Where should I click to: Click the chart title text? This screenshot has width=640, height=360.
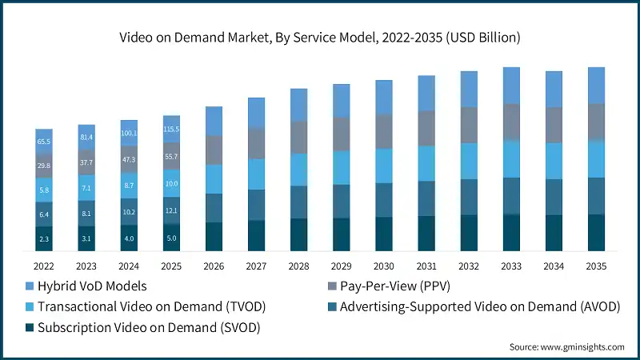pos(320,36)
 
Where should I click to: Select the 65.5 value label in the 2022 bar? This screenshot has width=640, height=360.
pos(44,142)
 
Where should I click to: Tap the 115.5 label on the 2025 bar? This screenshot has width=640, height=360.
pos(171,130)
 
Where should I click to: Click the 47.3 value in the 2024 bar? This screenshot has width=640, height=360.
pos(129,160)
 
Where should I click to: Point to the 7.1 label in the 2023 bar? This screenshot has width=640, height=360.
pos(86,189)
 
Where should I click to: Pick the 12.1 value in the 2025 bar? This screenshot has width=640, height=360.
pos(171,210)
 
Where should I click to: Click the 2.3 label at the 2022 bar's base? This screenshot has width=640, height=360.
pos(44,238)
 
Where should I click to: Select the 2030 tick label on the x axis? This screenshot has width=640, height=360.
pos(383,266)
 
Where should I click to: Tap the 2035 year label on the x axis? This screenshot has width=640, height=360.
pos(595,266)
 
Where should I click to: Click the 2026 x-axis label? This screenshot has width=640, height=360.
pos(214,266)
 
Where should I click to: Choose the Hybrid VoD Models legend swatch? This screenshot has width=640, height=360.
pos(29,286)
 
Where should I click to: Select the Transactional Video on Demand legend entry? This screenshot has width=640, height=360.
pos(152,306)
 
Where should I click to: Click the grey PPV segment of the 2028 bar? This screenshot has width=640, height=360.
pos(298,137)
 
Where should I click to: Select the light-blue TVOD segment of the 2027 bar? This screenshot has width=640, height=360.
pos(256,174)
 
